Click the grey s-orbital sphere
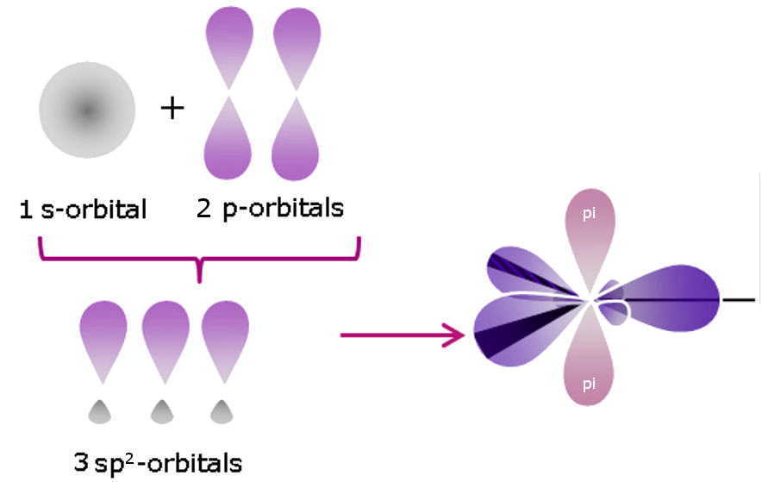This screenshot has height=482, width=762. [86, 110]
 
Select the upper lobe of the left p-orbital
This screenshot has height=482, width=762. [228, 47]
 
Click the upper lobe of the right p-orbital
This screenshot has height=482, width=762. [297, 47]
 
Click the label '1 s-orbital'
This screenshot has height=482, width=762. [84, 210]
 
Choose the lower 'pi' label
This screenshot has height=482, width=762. [589, 385]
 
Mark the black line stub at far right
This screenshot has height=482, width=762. [739, 300]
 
